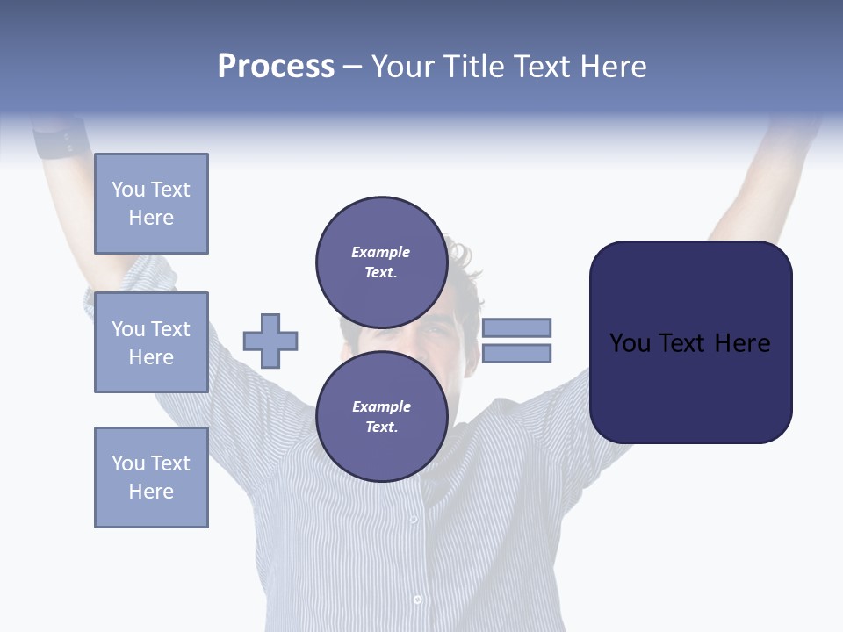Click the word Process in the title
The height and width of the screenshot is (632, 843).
click(x=276, y=67)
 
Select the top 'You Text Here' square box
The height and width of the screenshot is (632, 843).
click(x=151, y=204)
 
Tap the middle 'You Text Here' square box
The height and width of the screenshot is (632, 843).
click(x=151, y=342)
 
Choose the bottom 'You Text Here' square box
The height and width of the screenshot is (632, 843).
click(x=151, y=478)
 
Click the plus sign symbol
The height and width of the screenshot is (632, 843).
click(x=270, y=341)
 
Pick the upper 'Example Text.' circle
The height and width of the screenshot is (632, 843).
click(x=381, y=262)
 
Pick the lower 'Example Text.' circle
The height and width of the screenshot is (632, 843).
click(x=381, y=416)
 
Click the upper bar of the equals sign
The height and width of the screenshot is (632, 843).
click(x=516, y=327)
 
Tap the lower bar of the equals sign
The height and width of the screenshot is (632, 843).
click(x=516, y=354)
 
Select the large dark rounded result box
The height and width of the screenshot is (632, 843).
click(x=690, y=342)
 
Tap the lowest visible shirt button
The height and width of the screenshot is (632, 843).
click(x=417, y=600)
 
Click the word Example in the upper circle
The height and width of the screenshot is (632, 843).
click(x=381, y=252)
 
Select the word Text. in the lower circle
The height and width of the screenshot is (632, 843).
click(x=381, y=427)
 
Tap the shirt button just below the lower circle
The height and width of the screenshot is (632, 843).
click(x=414, y=520)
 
